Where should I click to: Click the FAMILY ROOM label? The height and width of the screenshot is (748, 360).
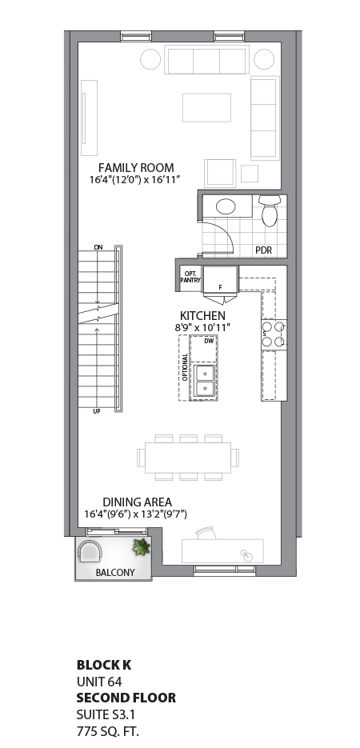point(136,167)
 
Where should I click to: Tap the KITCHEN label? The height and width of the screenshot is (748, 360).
point(202,316)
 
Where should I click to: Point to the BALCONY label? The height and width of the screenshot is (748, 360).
point(114,573)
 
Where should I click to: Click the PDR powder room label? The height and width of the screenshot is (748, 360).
point(263,250)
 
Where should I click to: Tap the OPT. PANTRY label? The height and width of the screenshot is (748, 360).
point(190,275)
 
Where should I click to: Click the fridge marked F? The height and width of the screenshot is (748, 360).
point(219,281)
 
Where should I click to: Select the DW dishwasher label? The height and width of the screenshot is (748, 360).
point(209,341)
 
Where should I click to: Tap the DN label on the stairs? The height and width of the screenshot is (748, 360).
point(98,247)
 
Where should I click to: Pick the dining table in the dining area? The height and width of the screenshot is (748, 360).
point(189,457)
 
